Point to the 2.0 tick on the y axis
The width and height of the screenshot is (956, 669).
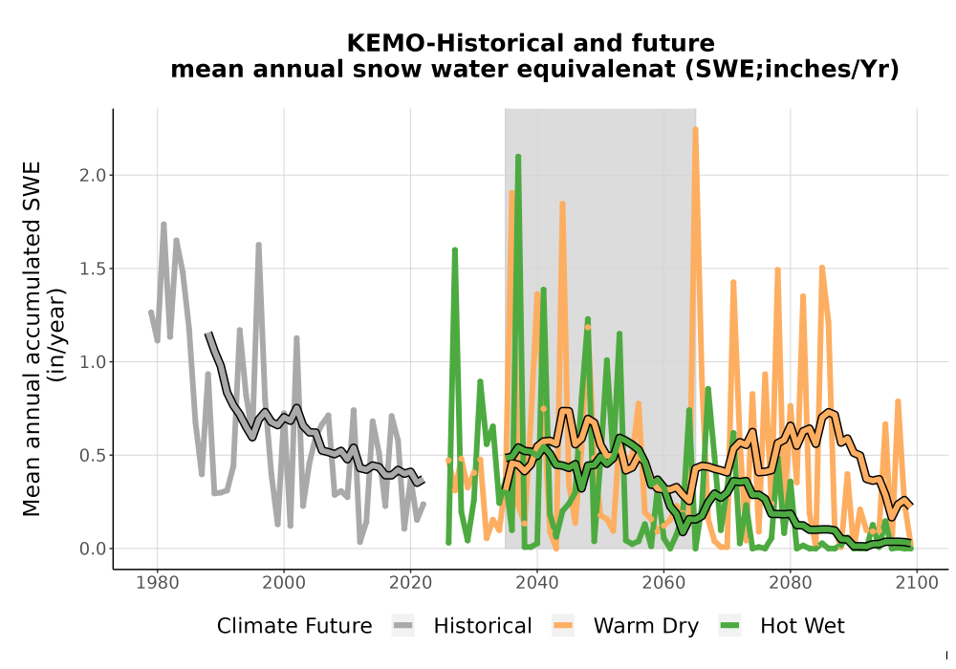click(x=92, y=176)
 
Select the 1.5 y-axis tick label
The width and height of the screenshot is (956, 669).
click(x=92, y=269)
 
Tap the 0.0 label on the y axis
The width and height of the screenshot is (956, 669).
click(x=92, y=549)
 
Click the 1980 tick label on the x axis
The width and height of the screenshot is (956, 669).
click(x=158, y=582)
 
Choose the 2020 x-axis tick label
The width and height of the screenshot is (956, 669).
click(x=410, y=582)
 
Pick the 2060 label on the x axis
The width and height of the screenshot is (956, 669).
click(x=663, y=582)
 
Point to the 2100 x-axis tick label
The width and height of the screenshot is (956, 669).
click(x=917, y=582)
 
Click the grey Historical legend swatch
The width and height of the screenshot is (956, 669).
click(x=403, y=626)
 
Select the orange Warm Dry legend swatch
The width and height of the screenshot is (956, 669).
click(x=563, y=626)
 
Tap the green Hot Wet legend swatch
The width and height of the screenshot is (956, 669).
click(x=729, y=626)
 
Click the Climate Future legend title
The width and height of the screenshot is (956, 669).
click(x=294, y=626)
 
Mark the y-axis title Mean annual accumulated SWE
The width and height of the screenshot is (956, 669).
click(x=32, y=338)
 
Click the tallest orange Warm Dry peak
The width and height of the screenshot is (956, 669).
click(x=695, y=129)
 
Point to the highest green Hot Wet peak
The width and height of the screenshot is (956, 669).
click(x=517, y=157)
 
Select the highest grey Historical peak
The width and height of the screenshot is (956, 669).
click(x=163, y=225)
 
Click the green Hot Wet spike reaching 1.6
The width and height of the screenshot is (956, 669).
click(x=455, y=249)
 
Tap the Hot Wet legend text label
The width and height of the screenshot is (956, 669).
click(x=802, y=626)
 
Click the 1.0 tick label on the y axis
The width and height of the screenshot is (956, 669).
click(x=92, y=362)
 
